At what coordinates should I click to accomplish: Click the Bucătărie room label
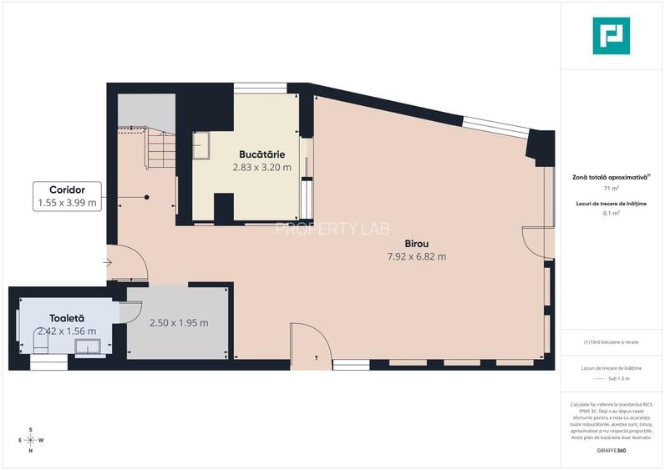(261, 154)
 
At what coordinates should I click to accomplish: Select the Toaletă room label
(67, 318)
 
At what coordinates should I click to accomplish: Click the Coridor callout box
(67, 196)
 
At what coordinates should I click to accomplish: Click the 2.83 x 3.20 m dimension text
(261, 167)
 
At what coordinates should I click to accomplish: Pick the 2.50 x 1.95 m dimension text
(178, 323)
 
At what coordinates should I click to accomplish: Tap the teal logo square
(611, 36)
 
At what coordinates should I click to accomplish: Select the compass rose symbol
(31, 440)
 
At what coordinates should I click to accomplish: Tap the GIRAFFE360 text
(611, 451)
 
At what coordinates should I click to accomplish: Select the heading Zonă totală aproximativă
(611, 177)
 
